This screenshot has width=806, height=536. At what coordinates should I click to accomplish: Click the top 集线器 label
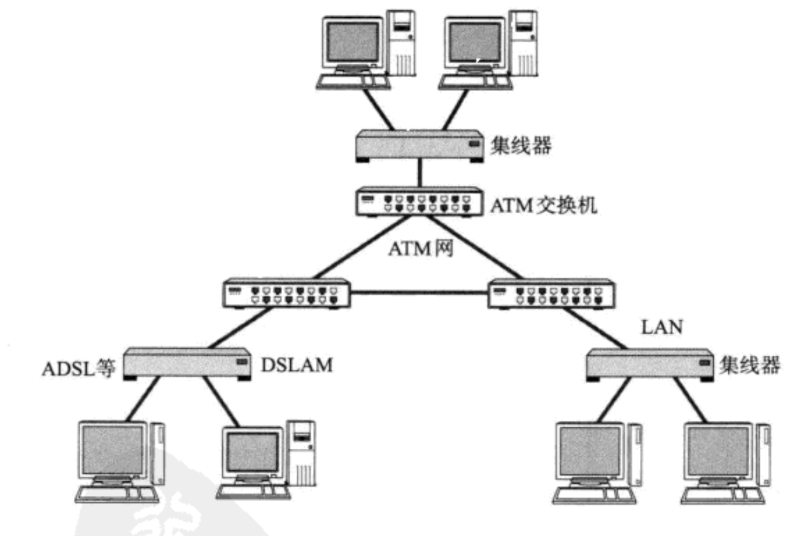519,148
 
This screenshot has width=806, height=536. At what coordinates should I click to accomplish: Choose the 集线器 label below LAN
749,365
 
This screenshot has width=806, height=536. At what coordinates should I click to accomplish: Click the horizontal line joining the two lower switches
419,293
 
